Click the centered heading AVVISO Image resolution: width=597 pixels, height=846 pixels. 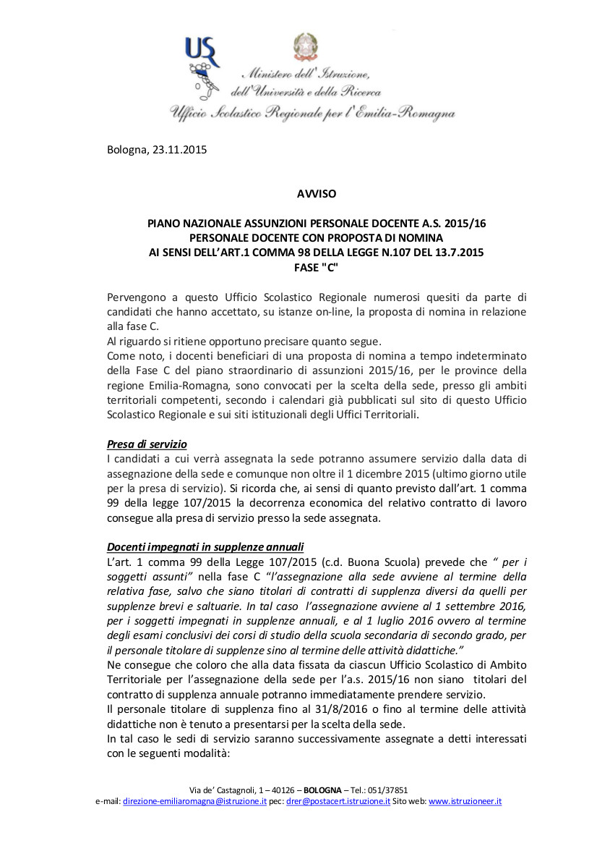pyautogui.click(x=317, y=193)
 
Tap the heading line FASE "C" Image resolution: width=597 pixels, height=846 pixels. pyautogui.click(x=317, y=266)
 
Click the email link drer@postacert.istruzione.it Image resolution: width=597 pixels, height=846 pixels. pyautogui.click(x=338, y=801)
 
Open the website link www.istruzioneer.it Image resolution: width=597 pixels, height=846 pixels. pyautogui.click(x=465, y=801)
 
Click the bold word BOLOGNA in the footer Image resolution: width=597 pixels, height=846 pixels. pyautogui.click(x=324, y=790)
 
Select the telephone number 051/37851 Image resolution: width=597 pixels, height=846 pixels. pyautogui.click(x=390, y=790)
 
